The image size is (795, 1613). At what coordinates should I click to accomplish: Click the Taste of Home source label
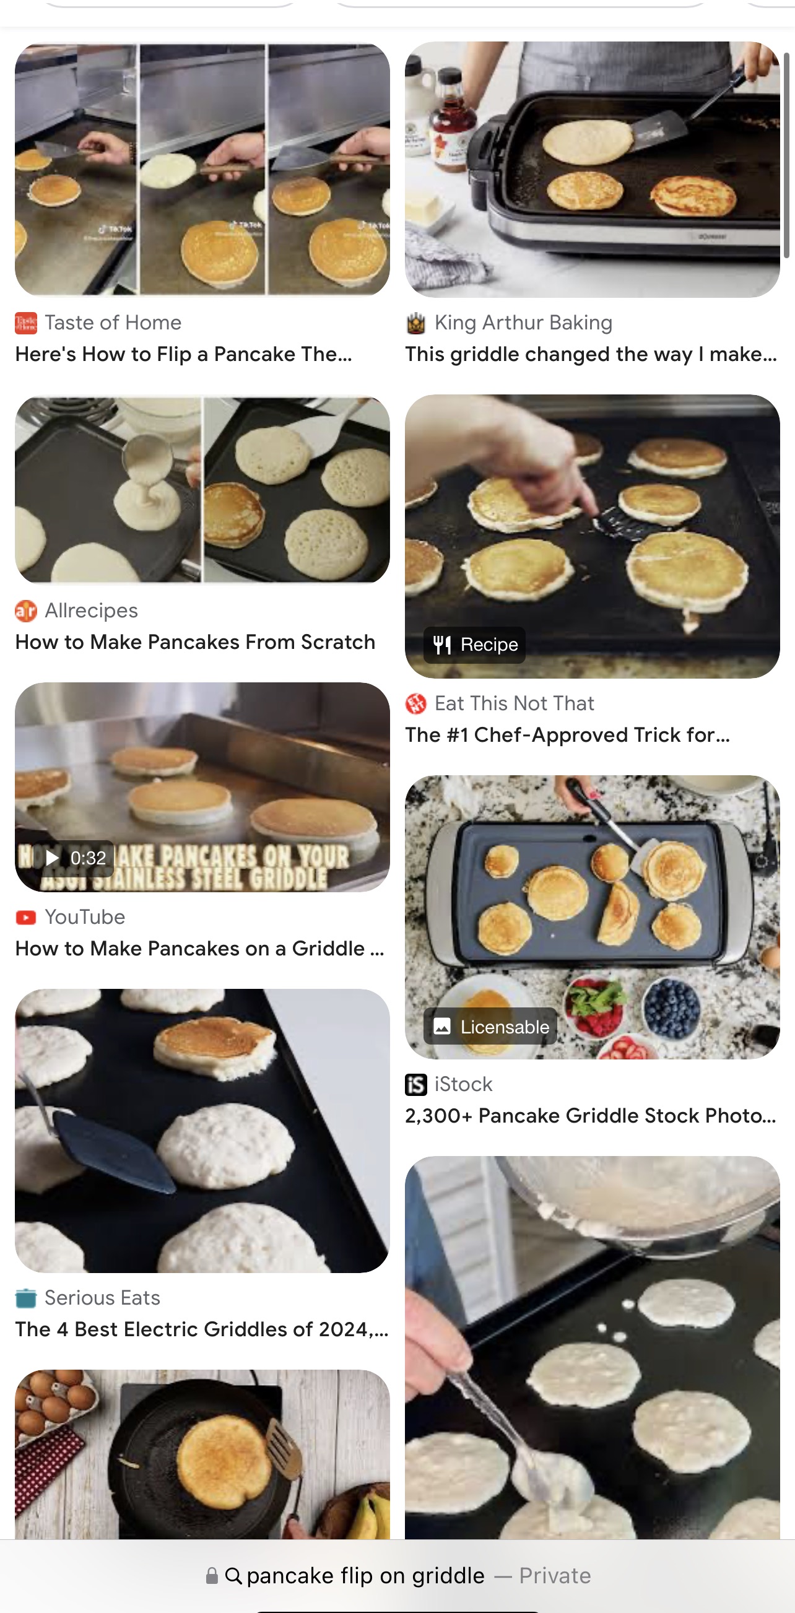(113, 323)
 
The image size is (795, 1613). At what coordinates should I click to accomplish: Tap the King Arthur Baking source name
(523, 323)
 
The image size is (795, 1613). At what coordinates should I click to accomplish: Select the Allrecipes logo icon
(25, 611)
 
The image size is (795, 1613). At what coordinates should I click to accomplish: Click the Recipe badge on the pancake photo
(475, 645)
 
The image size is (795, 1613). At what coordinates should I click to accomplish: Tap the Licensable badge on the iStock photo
(491, 1026)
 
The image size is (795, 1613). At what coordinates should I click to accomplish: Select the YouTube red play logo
(25, 917)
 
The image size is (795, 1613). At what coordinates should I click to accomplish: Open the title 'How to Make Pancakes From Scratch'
(194, 642)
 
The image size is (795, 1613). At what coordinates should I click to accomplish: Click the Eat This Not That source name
(514, 703)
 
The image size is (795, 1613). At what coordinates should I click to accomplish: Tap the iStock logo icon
(415, 1084)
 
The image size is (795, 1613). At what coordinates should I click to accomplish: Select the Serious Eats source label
(102, 1297)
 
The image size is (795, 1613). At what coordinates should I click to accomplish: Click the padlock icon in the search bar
(212, 1575)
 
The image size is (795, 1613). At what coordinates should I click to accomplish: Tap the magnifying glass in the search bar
(233, 1575)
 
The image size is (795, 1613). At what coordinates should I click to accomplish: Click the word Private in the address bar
(555, 1575)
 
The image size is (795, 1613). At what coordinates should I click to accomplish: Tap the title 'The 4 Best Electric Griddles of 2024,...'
(202, 1329)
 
